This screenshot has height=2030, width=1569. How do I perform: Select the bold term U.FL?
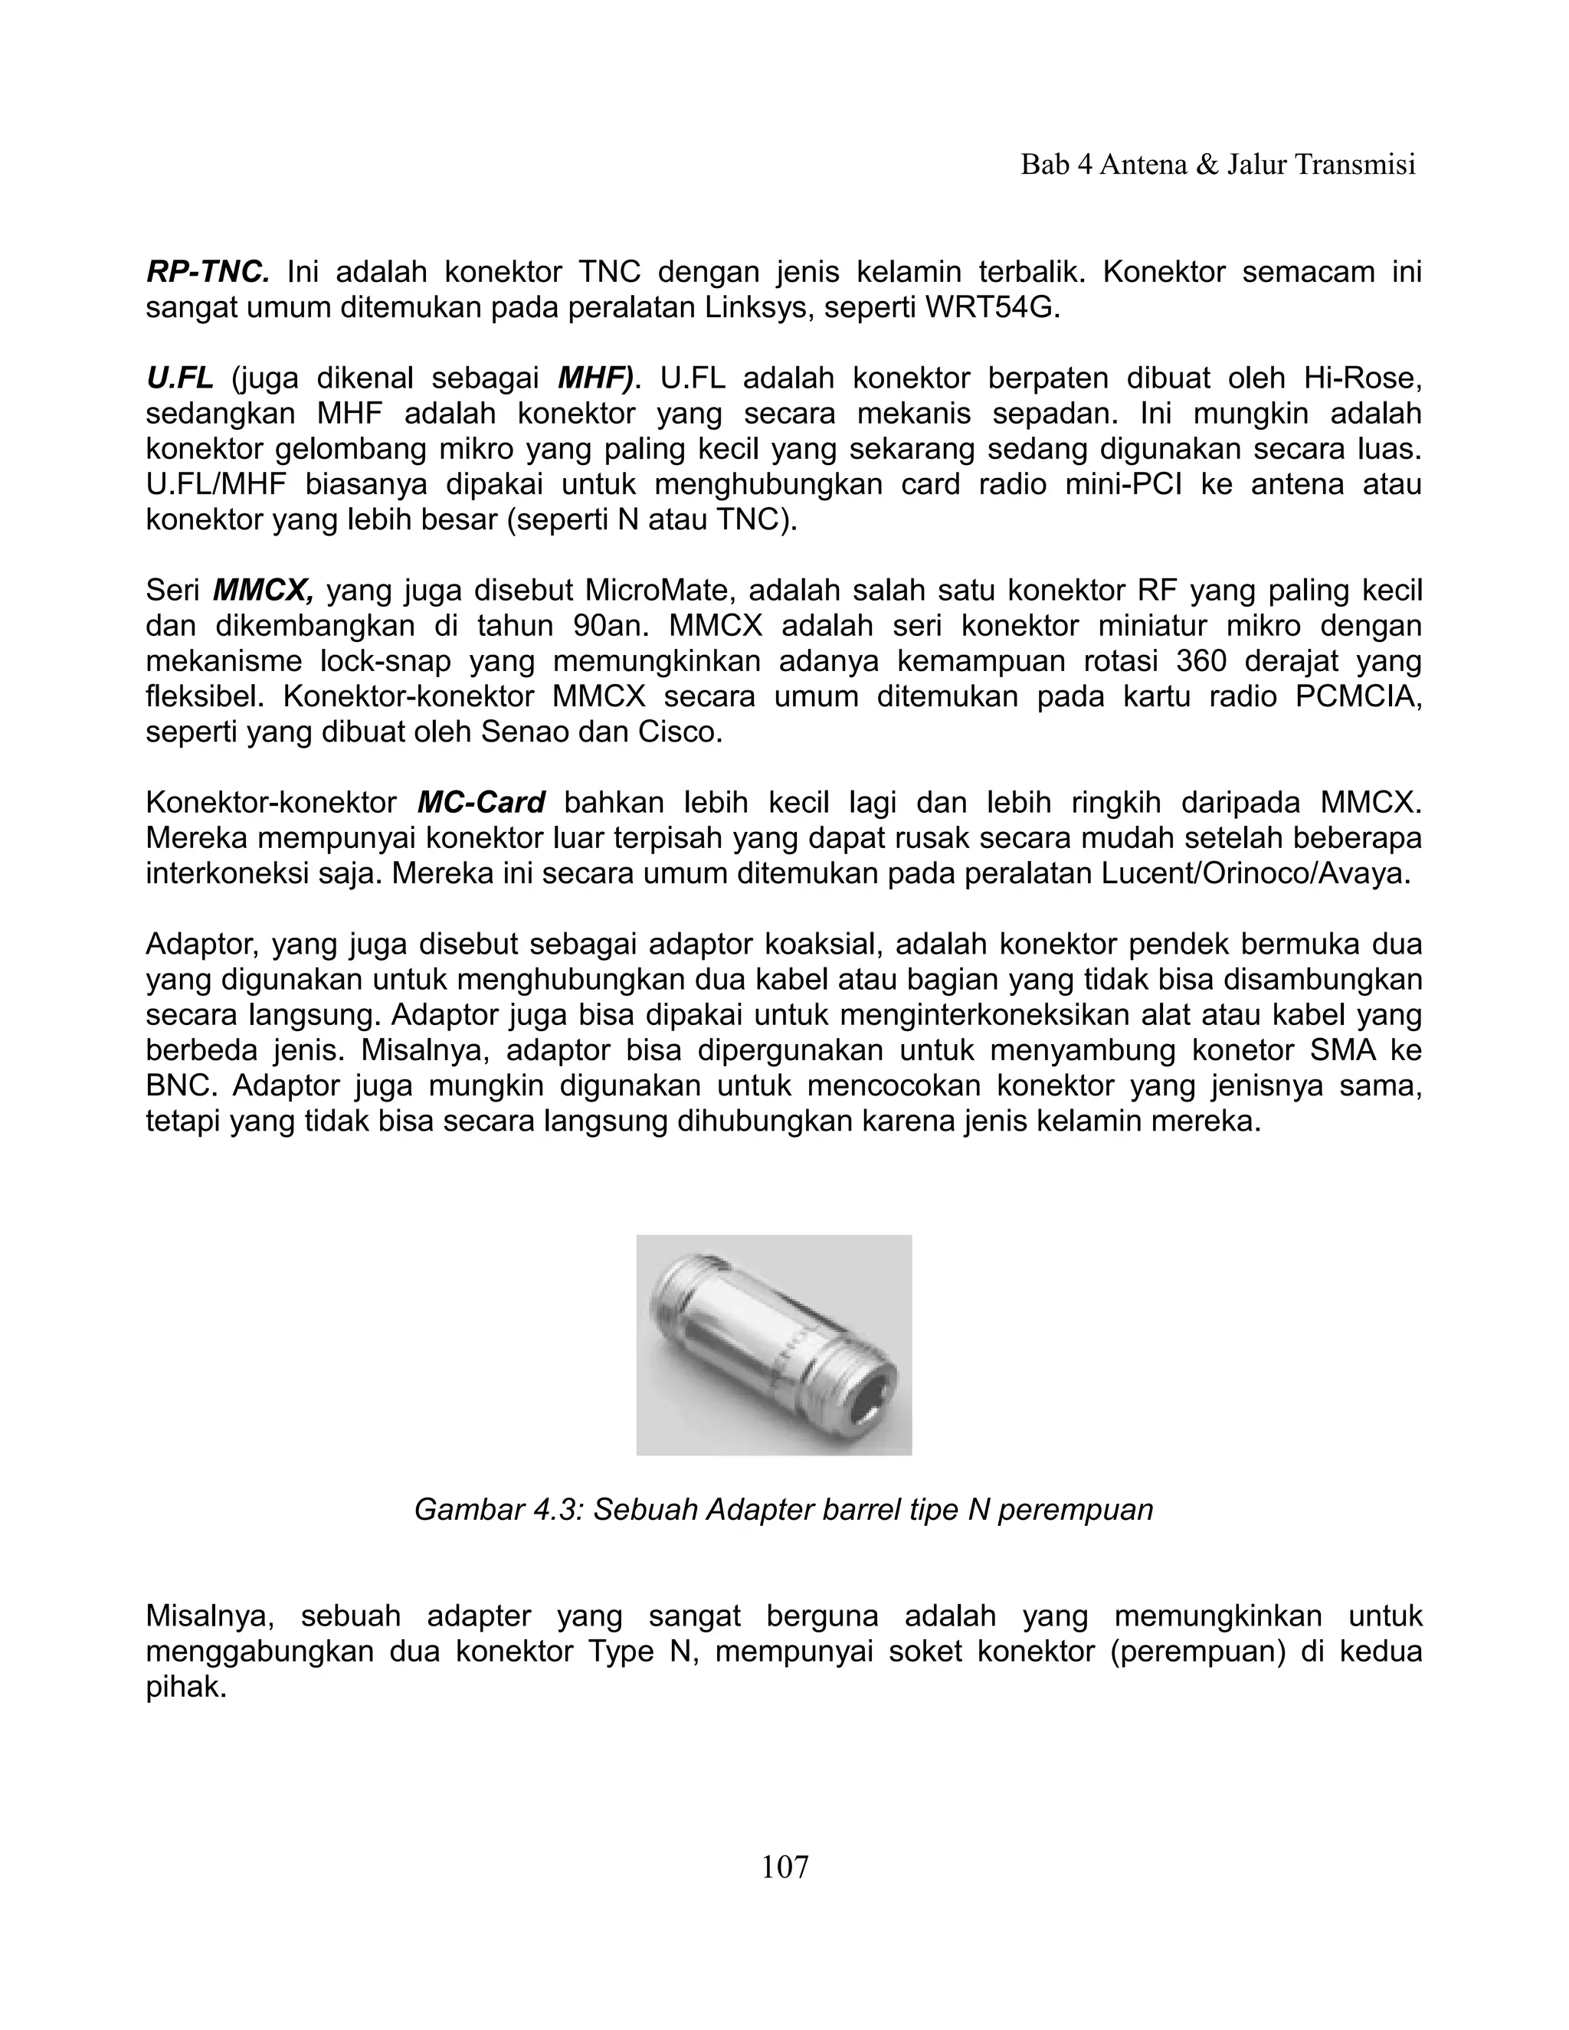(x=179, y=378)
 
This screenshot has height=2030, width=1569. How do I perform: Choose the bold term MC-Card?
(x=480, y=802)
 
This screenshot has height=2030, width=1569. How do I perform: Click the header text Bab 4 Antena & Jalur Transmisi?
(x=1217, y=165)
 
